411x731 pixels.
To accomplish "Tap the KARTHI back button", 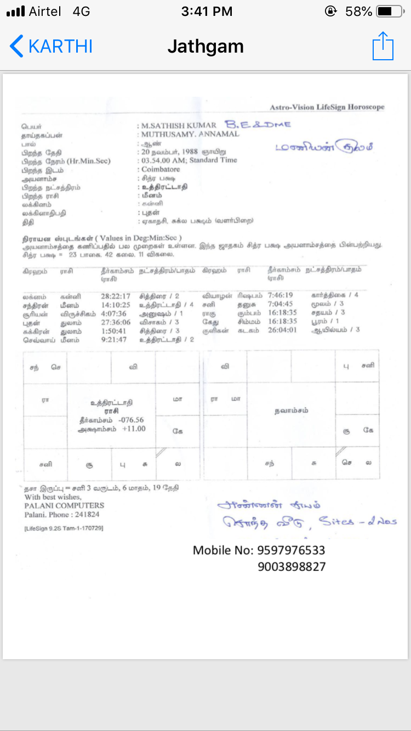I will click(x=51, y=46).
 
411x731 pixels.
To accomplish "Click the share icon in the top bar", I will click(x=383, y=46).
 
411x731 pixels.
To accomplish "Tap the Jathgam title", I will click(x=206, y=47).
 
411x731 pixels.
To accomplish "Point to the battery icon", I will click(x=391, y=12).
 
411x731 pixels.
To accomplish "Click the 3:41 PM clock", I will click(x=206, y=12).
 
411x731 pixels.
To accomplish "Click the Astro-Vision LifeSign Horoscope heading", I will click(x=327, y=107).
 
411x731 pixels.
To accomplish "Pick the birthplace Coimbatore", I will click(x=161, y=169).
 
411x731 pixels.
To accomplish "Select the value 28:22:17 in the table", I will click(x=116, y=296).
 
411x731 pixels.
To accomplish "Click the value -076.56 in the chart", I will click(x=131, y=420).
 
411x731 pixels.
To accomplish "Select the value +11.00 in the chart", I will click(x=134, y=429).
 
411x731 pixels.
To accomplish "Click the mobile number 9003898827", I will click(x=292, y=567).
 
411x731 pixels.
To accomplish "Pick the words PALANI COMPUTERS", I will click(x=64, y=505).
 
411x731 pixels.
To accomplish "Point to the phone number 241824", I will click(x=88, y=515).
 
